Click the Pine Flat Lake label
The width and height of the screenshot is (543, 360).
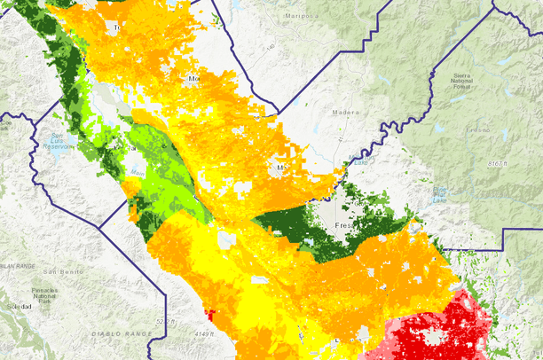439,192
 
